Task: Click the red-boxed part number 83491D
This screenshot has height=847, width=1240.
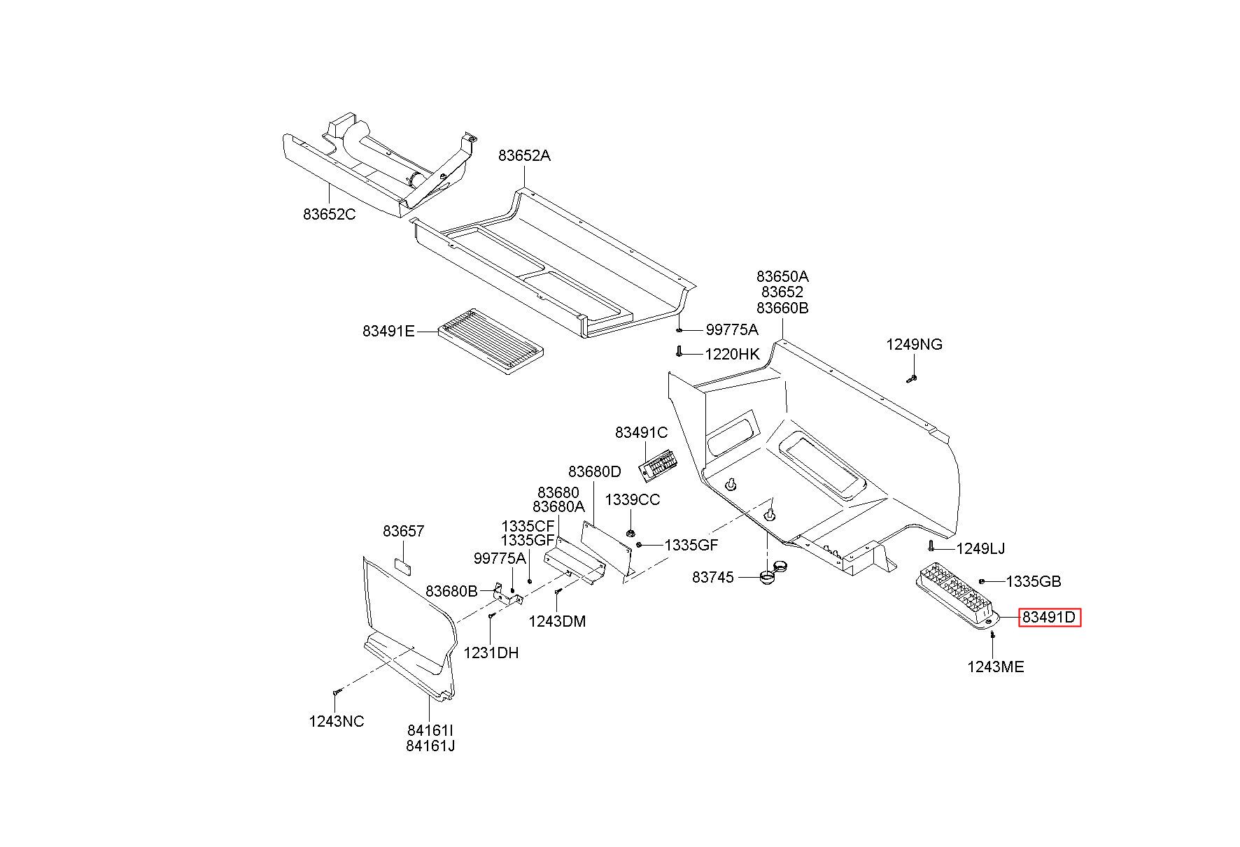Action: click(1049, 618)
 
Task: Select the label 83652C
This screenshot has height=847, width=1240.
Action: click(330, 214)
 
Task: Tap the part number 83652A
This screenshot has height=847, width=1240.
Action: click(525, 155)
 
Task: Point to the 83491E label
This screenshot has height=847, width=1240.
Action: click(389, 331)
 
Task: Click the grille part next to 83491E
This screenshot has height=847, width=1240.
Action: click(491, 342)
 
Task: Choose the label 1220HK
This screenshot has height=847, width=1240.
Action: click(732, 354)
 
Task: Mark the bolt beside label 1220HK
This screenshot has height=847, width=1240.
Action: click(679, 352)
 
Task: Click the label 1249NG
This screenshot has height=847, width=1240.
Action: click(915, 344)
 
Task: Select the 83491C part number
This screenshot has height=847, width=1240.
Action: click(642, 432)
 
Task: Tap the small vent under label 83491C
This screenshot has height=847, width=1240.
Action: click(659, 464)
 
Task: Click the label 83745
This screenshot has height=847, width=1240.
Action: click(713, 577)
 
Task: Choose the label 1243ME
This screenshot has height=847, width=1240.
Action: click(996, 667)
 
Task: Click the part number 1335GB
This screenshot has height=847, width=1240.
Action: click(1034, 581)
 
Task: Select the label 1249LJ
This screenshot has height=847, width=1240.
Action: click(981, 548)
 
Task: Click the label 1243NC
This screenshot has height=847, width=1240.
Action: click(337, 721)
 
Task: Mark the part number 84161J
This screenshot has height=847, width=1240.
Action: click(430, 746)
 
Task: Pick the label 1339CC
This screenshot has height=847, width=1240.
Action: click(633, 500)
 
